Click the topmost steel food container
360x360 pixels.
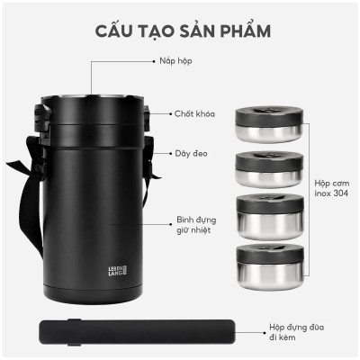[266, 122]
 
